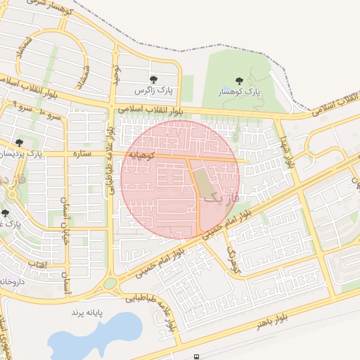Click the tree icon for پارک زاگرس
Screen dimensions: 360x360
tap(154, 80)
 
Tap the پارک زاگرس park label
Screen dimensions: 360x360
tap(154, 91)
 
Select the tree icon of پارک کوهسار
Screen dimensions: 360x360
tap(239, 80)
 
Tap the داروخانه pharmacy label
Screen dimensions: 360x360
tap(13, 281)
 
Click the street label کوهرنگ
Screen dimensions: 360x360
tap(233, 258)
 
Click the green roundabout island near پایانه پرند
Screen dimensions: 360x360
tap(110, 283)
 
